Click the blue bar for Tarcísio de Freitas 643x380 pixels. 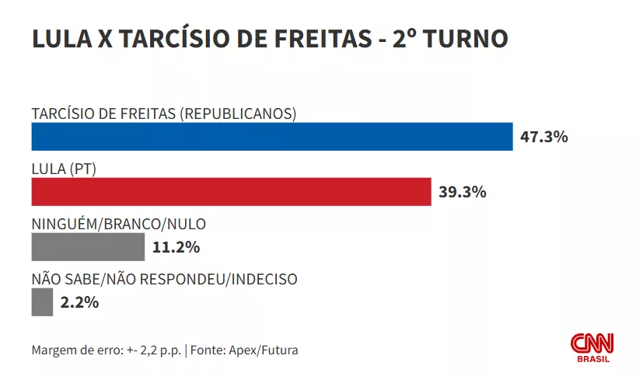(x=272, y=137)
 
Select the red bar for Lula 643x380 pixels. (x=231, y=191)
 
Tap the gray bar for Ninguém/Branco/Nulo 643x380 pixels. (x=88, y=247)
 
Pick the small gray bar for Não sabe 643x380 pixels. (x=42, y=302)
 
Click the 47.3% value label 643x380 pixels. (x=545, y=138)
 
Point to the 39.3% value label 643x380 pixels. (x=463, y=192)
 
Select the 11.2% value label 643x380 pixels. (x=176, y=248)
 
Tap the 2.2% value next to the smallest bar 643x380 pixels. (x=81, y=302)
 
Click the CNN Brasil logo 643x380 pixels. (x=592, y=346)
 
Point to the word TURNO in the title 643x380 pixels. (x=471, y=39)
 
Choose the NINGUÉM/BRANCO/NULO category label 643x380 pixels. (x=118, y=224)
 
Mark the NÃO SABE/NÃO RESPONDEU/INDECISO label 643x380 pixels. (x=164, y=279)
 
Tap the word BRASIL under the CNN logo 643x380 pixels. (x=593, y=358)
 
